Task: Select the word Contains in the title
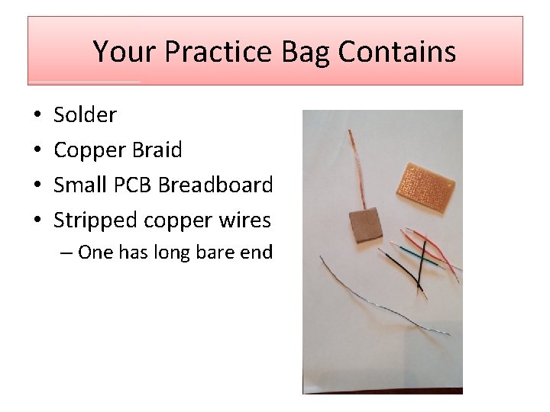tap(397, 52)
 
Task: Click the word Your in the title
tap(125, 52)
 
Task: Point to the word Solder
tap(85, 115)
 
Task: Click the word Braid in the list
tap(157, 150)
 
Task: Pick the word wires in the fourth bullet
tap(246, 220)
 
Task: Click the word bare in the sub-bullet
tap(218, 253)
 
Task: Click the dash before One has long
tap(66, 253)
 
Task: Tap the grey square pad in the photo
tap(364, 224)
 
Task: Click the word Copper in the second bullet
tap(89, 150)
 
